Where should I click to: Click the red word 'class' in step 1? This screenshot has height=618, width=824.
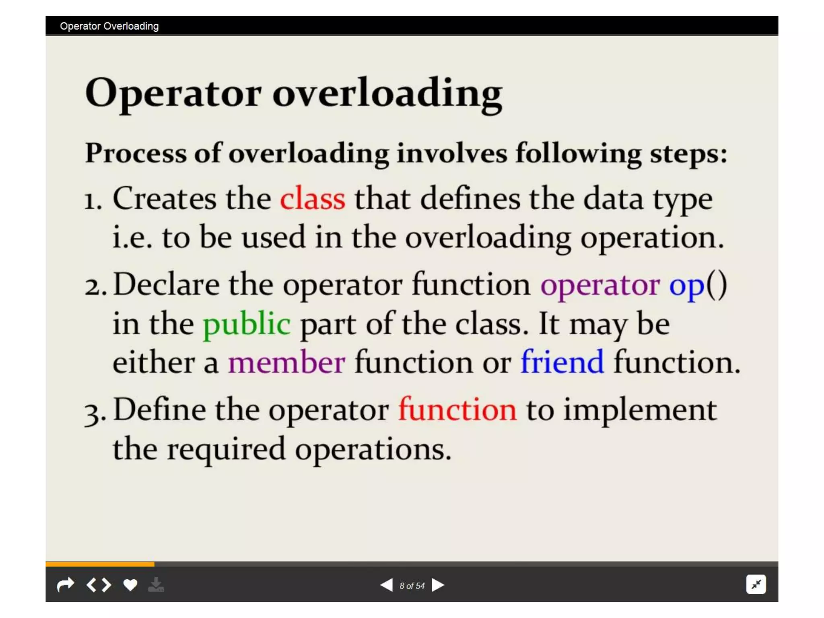(313, 198)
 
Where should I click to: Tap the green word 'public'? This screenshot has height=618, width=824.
(247, 324)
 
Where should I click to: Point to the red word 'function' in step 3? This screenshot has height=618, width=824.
(457, 410)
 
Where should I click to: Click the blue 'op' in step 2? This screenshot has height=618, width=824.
(686, 285)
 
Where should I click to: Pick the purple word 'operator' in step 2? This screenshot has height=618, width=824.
(600, 285)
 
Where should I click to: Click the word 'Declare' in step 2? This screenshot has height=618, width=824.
(167, 284)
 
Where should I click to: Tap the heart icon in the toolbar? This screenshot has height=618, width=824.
(130, 585)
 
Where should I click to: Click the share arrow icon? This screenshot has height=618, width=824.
(66, 585)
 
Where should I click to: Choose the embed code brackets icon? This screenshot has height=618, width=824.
(99, 585)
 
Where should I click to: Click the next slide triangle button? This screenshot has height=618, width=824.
(438, 585)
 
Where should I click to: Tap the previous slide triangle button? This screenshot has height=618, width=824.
(386, 585)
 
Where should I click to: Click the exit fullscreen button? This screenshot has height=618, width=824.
(756, 584)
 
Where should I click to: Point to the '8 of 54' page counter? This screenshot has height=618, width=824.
(412, 586)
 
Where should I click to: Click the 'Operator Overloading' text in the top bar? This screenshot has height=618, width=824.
(109, 26)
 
